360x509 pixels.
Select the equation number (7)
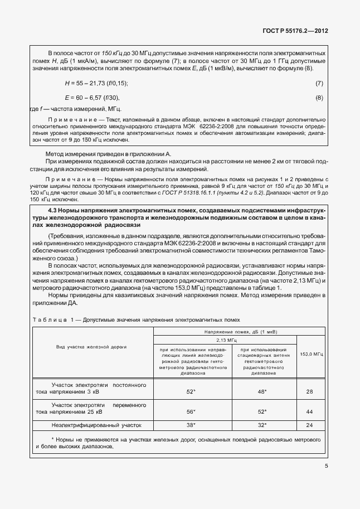319,83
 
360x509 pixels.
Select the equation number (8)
319,98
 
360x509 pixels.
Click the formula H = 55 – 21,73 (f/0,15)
96,83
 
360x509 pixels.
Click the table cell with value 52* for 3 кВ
191,392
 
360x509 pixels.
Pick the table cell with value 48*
261,392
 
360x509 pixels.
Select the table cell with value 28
310,392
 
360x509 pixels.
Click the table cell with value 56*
191,411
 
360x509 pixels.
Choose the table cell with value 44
310,411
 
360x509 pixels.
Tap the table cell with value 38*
191,425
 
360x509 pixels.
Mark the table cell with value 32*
261,425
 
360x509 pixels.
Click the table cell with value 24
310,425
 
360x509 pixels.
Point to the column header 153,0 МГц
312,354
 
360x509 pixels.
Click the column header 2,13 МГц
225,339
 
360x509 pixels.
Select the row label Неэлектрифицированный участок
93,425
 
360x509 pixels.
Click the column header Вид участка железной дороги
92,347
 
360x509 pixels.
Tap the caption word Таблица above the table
47,321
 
